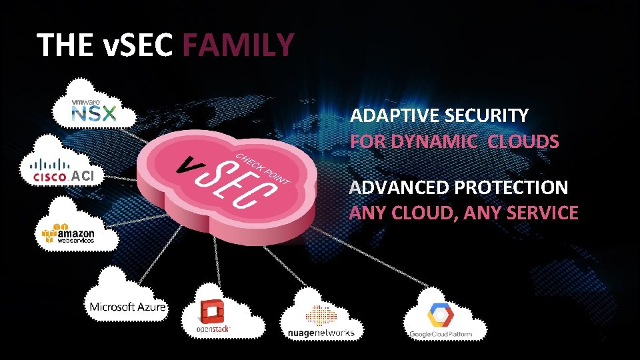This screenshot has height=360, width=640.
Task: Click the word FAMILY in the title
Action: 238,45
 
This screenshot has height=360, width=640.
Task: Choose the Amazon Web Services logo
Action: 68,234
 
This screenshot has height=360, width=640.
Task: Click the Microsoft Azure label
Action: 127,306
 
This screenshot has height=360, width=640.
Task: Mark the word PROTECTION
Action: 511,187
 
